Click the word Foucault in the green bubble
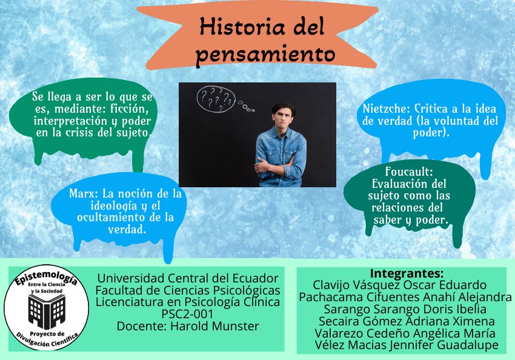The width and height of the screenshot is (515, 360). click(x=409, y=172)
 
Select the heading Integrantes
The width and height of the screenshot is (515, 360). click(x=407, y=273)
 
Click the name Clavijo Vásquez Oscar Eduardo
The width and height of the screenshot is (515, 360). click(x=399, y=285)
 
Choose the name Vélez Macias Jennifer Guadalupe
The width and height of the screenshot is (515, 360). click(x=407, y=345)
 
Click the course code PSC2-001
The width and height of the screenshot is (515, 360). click(x=187, y=314)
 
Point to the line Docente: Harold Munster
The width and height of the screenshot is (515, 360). click(x=187, y=326)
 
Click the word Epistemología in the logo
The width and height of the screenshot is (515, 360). click(x=47, y=280)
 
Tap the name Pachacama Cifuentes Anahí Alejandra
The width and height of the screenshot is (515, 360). click(x=405, y=297)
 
